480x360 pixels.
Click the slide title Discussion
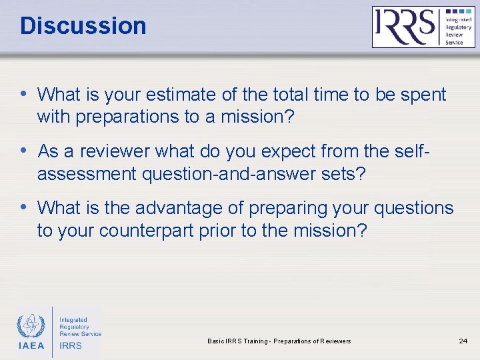[x=83, y=26]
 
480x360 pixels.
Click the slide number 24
[x=463, y=341]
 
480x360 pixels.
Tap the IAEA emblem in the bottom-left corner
[x=30, y=325]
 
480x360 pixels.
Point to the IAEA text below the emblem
[x=30, y=345]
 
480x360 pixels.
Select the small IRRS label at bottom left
[x=71, y=345]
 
